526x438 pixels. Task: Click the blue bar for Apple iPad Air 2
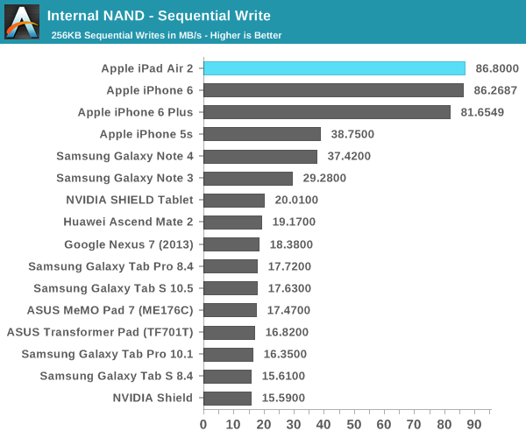[334, 68]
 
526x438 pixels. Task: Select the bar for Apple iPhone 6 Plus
[327, 112]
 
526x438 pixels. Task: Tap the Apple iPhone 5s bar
[262, 134]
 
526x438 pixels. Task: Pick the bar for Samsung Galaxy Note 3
[248, 178]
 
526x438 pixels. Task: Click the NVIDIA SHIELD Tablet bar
[234, 200]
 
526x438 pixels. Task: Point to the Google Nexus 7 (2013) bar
[231, 244]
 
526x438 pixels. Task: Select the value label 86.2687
[496, 90]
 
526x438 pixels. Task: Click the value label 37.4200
[350, 156]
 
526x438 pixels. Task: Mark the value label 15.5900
[283, 399]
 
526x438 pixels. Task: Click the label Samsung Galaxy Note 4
[124, 156]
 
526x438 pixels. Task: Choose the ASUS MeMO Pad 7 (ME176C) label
[111, 310]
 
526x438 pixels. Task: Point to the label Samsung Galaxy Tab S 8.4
[117, 376]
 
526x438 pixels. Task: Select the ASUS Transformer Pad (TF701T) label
[100, 332]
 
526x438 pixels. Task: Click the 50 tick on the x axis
[353, 425]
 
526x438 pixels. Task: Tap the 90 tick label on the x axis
[473, 425]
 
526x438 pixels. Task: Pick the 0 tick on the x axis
[203, 425]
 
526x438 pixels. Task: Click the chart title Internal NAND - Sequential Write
[159, 16]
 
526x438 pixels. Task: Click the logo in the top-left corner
[21, 21]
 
